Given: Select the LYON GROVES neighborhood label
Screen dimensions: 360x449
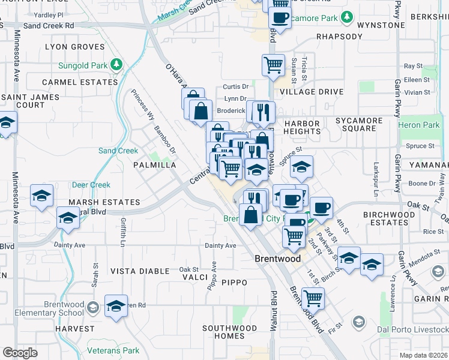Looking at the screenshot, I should click(71, 47).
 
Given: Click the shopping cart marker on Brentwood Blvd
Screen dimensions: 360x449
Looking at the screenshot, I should click(313, 297).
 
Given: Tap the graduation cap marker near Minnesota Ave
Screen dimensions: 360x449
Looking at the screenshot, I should click(42, 196).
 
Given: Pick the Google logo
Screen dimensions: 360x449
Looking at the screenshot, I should click(19, 353).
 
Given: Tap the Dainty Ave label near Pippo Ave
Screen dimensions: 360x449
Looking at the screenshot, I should click(221, 245).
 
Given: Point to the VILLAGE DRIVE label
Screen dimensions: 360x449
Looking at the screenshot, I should click(312, 92).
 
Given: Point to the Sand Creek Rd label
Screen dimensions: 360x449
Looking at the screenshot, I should click(49, 26).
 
